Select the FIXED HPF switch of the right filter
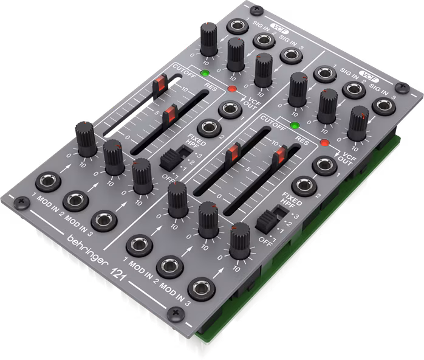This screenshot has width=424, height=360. (x=267, y=218)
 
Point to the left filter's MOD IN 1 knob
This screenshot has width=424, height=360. (x=84, y=134)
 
